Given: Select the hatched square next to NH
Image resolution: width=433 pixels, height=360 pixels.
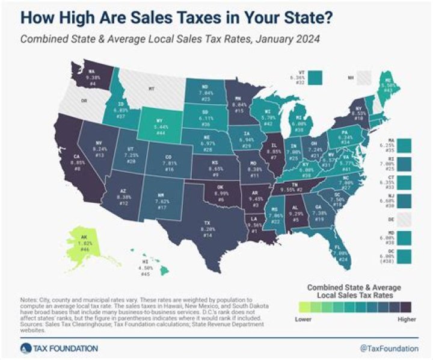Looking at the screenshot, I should pos(364,77).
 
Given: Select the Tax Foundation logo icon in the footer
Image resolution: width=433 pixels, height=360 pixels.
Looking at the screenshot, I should pos(25,347).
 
